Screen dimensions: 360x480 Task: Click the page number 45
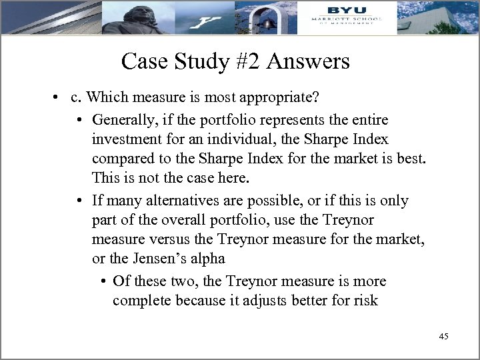pos(444,336)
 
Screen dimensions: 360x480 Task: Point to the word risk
pos(366,301)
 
